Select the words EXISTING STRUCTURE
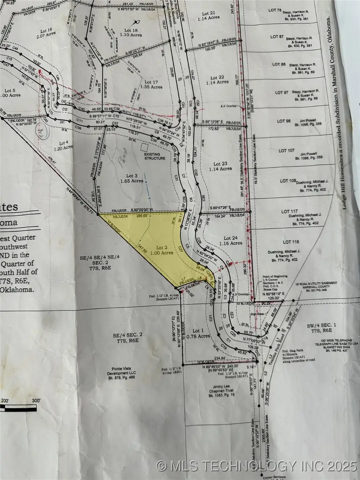tap(154, 156)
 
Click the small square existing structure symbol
tap(144, 147)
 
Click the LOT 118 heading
tap(291, 242)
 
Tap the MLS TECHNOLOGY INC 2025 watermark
tap(256, 465)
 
